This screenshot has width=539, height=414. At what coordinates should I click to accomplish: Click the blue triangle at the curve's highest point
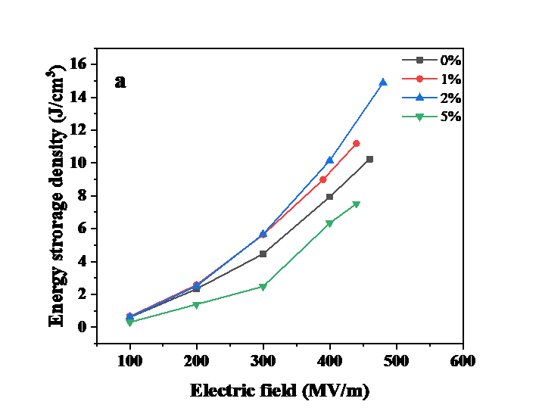(383, 82)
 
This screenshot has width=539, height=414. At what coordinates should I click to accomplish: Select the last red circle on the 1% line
(357, 143)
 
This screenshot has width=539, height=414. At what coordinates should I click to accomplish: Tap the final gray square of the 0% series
(369, 159)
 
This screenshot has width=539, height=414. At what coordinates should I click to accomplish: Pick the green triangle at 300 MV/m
(263, 287)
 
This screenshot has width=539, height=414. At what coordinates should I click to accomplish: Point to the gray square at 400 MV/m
(330, 197)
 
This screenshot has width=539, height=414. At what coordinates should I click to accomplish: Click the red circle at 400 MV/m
(323, 179)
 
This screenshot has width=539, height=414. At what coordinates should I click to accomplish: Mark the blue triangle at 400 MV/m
(329, 160)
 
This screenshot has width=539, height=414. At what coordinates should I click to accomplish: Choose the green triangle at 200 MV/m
(196, 305)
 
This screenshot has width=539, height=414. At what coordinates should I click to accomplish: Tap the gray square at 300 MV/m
(263, 254)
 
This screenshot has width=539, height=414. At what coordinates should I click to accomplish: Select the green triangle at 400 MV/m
(329, 223)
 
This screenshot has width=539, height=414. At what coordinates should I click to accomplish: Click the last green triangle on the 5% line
(356, 204)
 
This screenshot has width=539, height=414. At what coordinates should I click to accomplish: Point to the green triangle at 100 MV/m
(129, 322)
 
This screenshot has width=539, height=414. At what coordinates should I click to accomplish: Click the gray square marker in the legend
(419, 60)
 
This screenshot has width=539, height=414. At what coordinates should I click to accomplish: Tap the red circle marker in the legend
(419, 78)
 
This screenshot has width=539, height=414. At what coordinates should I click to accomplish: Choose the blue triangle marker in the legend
(419, 97)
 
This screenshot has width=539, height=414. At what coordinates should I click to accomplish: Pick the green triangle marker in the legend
(419, 117)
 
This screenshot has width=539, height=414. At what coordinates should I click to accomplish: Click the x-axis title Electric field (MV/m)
(281, 391)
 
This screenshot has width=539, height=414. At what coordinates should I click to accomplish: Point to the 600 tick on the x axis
(463, 361)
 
